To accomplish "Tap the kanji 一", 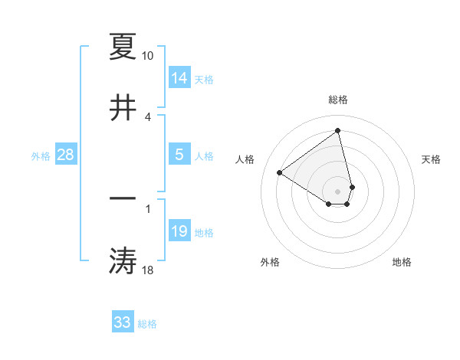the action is (123, 198).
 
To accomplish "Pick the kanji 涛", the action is (123, 260).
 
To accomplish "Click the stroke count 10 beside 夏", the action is (147, 56).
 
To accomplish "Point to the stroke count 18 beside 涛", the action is (147, 270).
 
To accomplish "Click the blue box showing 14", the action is (179, 78).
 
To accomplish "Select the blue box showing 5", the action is (179, 155).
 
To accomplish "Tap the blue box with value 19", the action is (179, 231).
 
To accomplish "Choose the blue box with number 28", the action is (66, 155).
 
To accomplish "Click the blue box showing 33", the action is (123, 322).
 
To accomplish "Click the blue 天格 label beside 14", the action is (204, 80).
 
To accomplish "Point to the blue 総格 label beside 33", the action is (147, 324).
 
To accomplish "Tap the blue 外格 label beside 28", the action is (41, 156).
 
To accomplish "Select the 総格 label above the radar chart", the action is (338, 100).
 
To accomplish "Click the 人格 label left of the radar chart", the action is (245, 159).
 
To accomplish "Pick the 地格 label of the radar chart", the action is (402, 262).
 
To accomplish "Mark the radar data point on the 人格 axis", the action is (280, 172).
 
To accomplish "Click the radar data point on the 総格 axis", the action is (338, 131).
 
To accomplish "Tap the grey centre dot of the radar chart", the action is (337, 191).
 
